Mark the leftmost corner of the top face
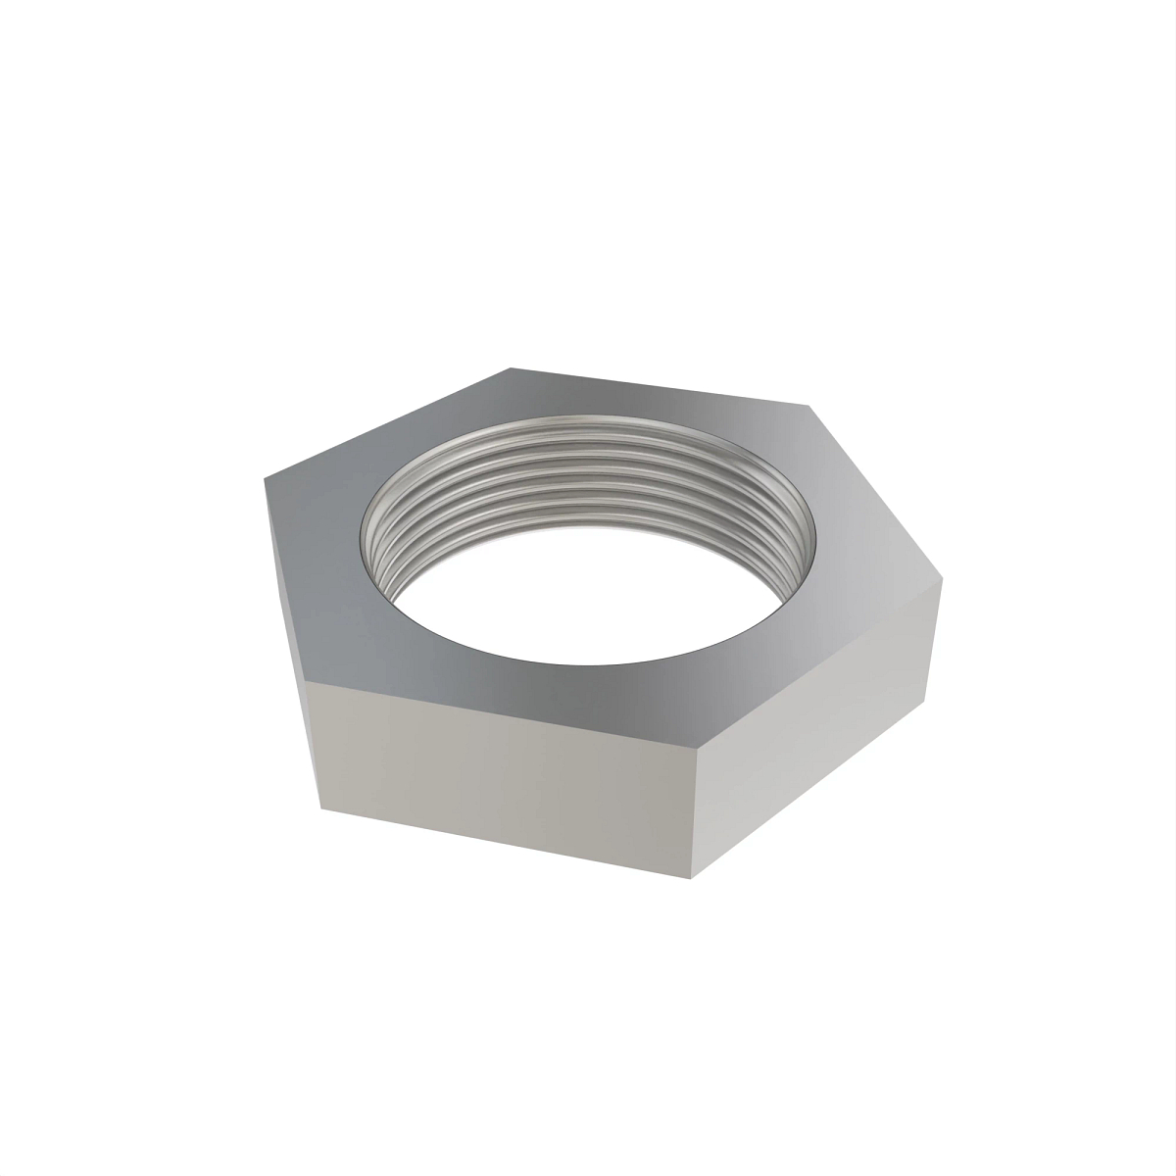pos(265,479)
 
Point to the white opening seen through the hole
pos(588,588)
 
